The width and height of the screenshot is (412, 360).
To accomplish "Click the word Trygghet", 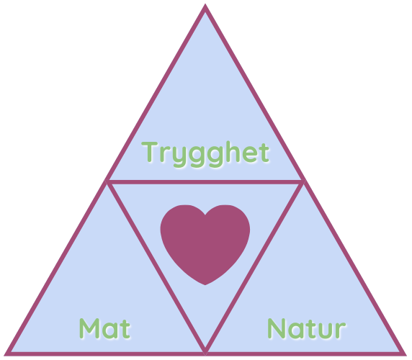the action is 205,154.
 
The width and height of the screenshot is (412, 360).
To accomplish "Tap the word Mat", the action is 105,328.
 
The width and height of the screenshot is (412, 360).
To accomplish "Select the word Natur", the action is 307,328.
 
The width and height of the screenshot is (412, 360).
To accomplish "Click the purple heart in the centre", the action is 205,243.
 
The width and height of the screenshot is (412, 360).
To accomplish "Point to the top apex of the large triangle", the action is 205,4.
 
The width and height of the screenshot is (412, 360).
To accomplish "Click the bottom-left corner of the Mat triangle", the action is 5,355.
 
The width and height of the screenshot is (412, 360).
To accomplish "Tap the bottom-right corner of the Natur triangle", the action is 406,355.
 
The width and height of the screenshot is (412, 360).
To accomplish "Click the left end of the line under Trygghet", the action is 106,181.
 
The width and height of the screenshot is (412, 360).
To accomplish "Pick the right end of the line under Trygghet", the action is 304,181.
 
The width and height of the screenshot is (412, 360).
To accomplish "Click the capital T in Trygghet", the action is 150,152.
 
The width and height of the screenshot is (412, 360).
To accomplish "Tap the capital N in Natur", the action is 277,328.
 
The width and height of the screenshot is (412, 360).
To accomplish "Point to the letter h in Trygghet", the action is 233,151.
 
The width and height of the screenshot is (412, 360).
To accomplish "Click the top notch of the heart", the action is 205,215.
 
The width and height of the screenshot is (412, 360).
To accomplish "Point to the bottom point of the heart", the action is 205,284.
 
